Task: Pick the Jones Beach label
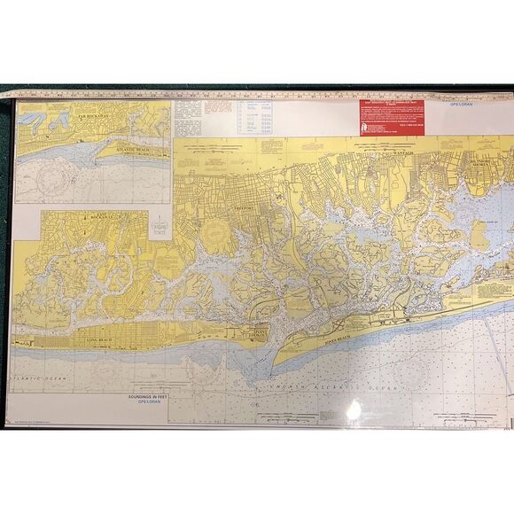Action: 341,339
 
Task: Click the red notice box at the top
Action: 391,114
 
